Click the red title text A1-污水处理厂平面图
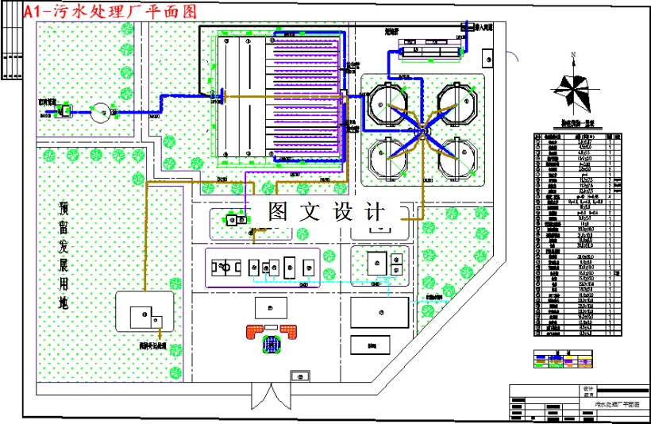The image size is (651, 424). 111,12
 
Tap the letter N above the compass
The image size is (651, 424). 572,55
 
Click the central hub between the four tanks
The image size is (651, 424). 424,129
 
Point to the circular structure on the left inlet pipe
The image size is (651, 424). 102,111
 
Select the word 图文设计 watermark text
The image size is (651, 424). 326,212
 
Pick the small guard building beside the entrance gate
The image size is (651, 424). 299,375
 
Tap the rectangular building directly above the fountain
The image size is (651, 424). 272,307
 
